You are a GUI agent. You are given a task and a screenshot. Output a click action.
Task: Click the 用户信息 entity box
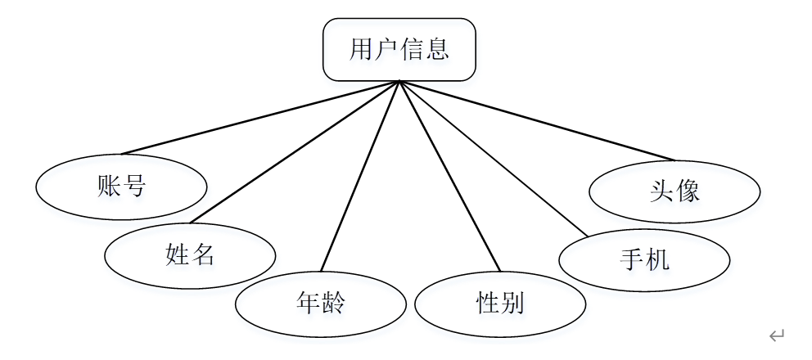(x=399, y=50)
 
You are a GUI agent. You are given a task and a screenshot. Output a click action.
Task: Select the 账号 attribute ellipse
(x=121, y=187)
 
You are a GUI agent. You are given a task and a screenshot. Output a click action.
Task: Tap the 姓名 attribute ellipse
(x=190, y=255)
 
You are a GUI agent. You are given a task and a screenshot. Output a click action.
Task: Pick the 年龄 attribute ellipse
(x=321, y=304)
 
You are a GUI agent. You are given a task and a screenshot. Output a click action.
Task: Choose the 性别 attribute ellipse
(x=500, y=304)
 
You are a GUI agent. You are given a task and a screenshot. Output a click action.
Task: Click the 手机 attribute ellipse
(x=644, y=260)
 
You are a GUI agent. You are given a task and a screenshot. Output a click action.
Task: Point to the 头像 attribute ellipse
(x=674, y=191)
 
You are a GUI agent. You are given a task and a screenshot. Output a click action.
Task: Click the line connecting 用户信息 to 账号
(x=260, y=117)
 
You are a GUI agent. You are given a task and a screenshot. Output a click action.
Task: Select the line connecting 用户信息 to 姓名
(x=295, y=151)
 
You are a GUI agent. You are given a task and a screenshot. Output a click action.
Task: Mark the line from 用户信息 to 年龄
(x=360, y=175)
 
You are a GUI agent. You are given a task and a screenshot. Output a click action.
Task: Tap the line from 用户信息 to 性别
(x=449, y=175)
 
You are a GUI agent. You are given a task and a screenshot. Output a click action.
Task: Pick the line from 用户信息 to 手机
(x=493, y=159)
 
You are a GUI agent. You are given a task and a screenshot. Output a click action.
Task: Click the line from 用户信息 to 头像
(x=536, y=120)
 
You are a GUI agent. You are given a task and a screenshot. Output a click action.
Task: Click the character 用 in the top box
(x=361, y=50)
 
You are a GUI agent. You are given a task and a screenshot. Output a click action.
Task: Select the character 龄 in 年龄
(x=333, y=304)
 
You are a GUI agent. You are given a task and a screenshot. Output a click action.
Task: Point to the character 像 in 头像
(x=688, y=191)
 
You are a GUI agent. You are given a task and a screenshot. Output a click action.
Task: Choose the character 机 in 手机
(x=657, y=260)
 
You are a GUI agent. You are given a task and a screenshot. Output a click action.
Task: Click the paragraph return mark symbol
(x=777, y=334)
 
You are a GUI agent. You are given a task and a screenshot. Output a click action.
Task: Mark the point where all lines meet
(x=399, y=81)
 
